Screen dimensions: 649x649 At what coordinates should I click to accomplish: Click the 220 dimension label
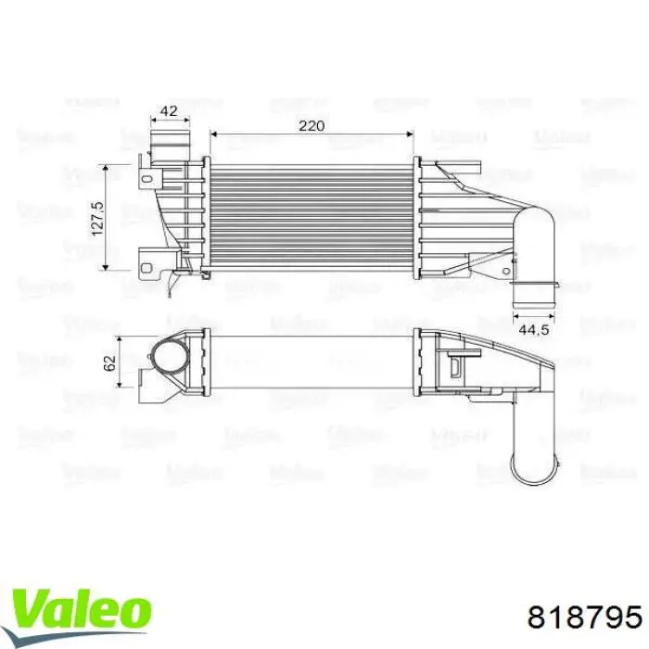312,125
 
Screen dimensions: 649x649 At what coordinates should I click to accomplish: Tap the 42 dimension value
169,110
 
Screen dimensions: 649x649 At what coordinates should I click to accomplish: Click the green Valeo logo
81,586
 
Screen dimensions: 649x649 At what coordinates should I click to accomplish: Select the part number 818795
584,617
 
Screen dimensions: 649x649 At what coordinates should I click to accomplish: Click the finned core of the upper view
312,218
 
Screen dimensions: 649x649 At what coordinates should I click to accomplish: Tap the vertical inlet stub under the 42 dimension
169,147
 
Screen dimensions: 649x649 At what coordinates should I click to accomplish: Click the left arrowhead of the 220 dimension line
215,134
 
